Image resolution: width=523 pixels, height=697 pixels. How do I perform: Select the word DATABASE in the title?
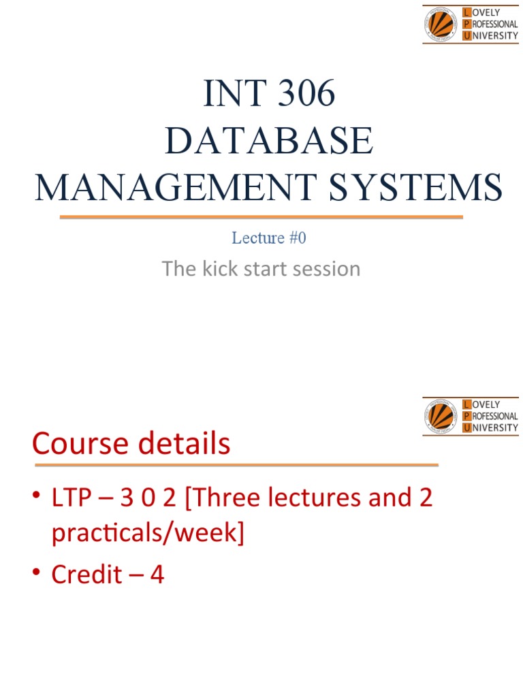[x=270, y=141]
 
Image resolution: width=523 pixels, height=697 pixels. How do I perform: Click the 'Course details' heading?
[x=131, y=444]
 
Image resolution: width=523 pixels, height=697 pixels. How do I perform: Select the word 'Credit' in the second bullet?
[x=84, y=575]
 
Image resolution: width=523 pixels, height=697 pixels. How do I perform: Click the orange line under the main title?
[x=261, y=217]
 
